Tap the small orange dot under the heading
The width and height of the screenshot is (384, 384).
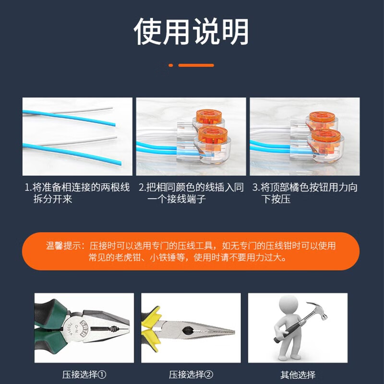point(170,65)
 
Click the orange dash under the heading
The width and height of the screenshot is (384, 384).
point(196,65)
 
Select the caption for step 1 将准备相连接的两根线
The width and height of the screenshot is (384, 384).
point(77,187)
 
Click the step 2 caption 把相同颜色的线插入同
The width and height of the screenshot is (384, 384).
point(192,187)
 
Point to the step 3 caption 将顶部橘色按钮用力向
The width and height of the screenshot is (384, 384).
point(305,187)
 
